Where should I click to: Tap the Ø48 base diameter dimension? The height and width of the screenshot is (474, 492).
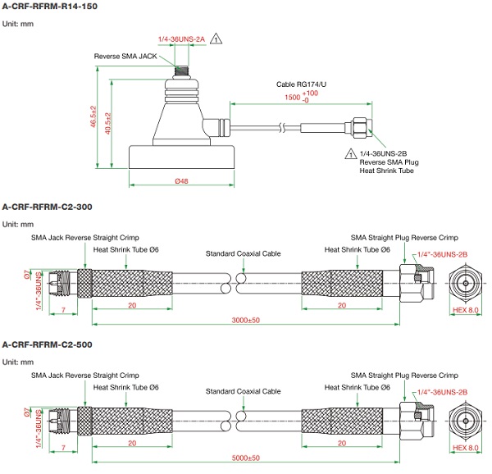pyautogui.click(x=183, y=181)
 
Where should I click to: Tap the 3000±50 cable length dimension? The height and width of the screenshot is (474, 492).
pyautogui.click(x=245, y=320)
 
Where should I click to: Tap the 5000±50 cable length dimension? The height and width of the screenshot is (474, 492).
pyautogui.click(x=245, y=458)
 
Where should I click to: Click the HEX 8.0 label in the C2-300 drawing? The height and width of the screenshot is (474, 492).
pyautogui.click(x=466, y=310)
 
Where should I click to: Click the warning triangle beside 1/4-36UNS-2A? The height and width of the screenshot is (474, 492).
pyautogui.click(x=216, y=39)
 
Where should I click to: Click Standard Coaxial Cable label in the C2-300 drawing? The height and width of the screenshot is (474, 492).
pyautogui.click(x=244, y=254)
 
